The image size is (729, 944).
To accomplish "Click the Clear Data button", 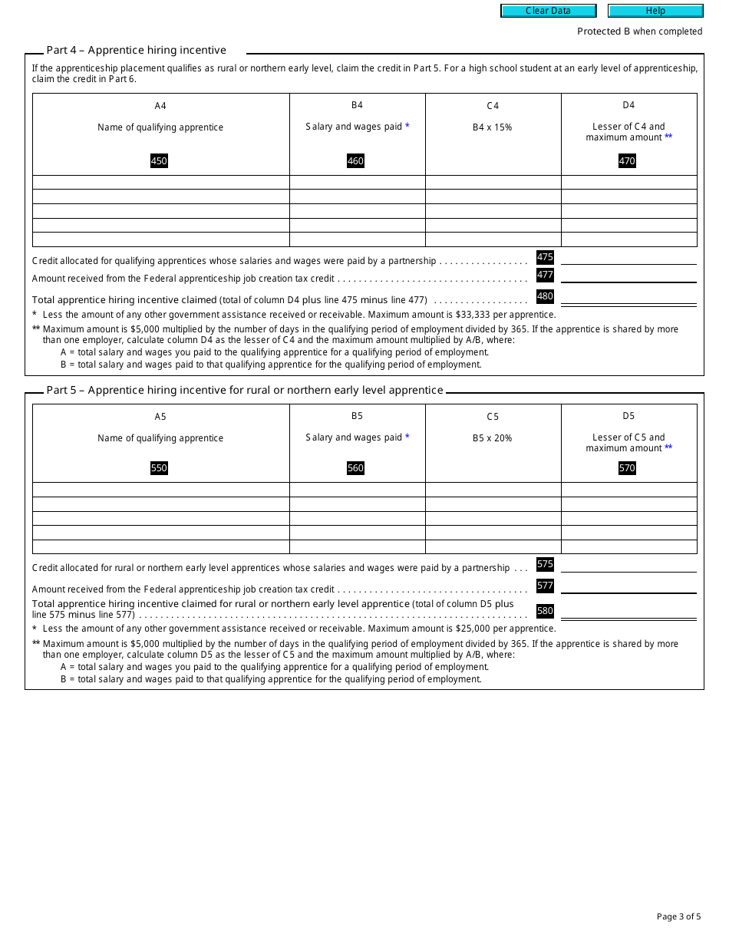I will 548,11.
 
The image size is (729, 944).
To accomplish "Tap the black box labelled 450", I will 159,161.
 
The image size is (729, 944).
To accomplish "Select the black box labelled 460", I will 355,161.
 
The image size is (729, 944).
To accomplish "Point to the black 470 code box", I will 627,161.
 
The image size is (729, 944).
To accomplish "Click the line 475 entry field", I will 628,258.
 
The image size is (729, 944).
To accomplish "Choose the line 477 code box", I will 545,275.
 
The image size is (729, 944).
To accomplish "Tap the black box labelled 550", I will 159,468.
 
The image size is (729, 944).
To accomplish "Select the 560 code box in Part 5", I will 355,468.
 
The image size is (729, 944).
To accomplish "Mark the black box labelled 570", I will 627,468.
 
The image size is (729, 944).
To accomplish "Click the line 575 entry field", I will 628,565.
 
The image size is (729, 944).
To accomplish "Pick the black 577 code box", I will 545,586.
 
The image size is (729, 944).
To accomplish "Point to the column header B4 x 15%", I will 493,127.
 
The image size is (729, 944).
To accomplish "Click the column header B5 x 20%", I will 493,438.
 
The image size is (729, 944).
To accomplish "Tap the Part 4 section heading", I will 136,50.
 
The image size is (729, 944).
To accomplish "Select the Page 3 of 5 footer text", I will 678,916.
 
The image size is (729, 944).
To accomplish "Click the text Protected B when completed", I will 639,31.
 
